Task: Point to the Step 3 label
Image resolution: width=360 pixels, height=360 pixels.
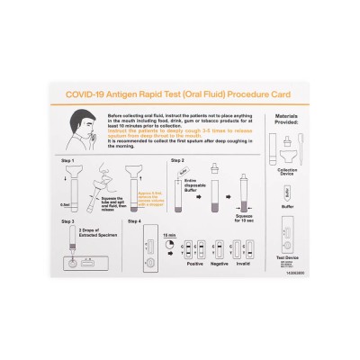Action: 67,220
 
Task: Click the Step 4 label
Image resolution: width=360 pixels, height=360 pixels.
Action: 135,220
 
